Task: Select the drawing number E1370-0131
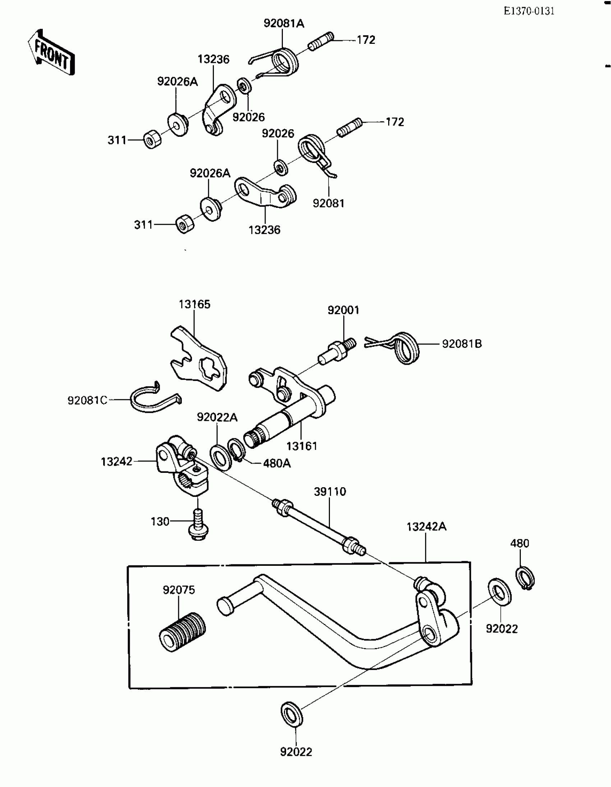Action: pos(529,11)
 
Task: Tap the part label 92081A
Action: pos(284,23)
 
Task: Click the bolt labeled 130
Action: pos(198,525)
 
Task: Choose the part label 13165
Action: pos(194,304)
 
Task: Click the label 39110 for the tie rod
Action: pos(330,492)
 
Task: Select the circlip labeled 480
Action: pos(525,579)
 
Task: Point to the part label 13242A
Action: pos(426,527)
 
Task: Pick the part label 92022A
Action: pos(217,417)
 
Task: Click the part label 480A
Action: pos(277,463)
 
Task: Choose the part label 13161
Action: pos(302,446)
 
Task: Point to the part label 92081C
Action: pos(88,400)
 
